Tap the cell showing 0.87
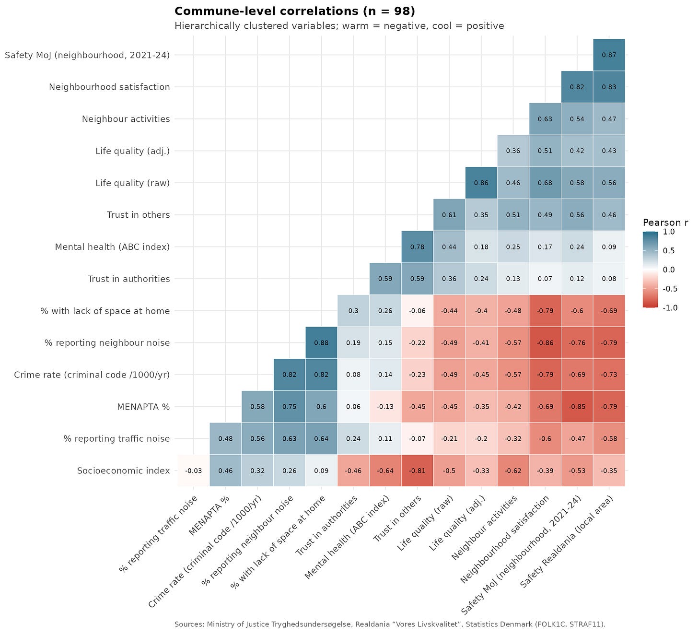coord(609,55)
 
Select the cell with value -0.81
coord(417,470)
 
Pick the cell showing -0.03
coord(194,470)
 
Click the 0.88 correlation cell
coord(321,342)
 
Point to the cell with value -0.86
coord(545,342)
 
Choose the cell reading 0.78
coord(417,247)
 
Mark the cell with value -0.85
coord(577,407)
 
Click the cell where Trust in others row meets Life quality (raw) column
coord(449,215)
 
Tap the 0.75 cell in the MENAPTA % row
coord(290,407)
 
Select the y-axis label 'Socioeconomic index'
coord(123,470)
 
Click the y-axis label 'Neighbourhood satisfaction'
coord(109,87)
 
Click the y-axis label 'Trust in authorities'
coord(128,279)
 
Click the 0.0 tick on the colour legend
coord(669,270)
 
